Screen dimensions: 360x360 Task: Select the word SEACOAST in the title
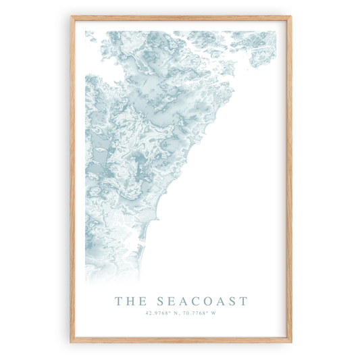tap(202, 301)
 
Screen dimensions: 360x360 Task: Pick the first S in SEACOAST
tap(160, 301)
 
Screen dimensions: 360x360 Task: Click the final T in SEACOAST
tap(244, 301)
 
